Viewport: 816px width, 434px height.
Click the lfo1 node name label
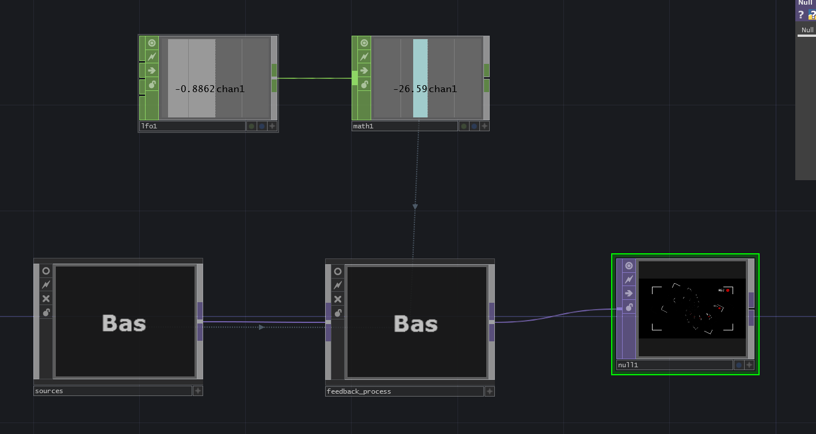[149, 126]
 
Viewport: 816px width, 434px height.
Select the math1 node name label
[363, 126]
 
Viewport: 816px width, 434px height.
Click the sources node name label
[49, 391]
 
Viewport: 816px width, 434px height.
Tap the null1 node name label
[628, 365]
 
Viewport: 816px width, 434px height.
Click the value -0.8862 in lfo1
[195, 89]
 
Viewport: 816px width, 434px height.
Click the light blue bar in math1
[420, 58]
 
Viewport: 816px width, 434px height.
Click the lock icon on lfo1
[152, 85]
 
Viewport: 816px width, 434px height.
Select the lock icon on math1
[364, 85]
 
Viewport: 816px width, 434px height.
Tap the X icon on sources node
[46, 299]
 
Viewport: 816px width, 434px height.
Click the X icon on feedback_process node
[338, 299]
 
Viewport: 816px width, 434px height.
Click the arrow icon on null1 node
[629, 294]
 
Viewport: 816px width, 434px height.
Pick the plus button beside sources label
[197, 391]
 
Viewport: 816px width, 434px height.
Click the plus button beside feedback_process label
[489, 391]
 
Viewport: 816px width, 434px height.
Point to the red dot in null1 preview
[727, 291]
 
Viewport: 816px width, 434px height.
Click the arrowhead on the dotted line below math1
[415, 206]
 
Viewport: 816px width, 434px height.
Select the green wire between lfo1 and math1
[314, 78]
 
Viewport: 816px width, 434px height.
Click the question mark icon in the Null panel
[800, 15]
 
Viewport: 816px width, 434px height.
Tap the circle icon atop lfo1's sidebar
[152, 43]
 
